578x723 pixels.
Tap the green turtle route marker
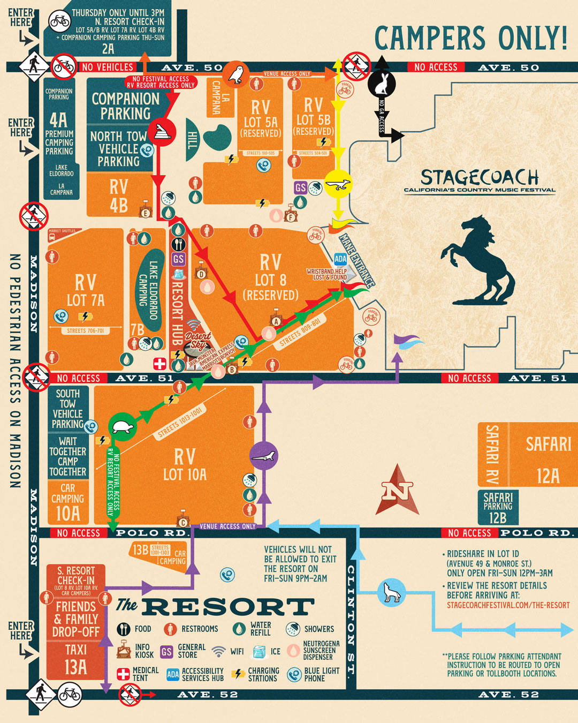tap(122, 427)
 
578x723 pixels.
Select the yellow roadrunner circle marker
tap(338, 185)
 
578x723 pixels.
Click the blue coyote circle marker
tap(392, 592)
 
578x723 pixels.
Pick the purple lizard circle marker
tap(263, 455)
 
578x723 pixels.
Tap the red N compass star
tap(397, 490)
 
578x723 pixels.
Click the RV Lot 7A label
tap(86, 290)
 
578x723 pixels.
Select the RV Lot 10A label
tap(185, 464)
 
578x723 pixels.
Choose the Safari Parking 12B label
tap(498, 508)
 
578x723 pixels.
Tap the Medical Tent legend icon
tap(123, 674)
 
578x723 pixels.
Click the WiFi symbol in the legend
tap(218, 652)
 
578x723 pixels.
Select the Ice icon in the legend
tap(259, 652)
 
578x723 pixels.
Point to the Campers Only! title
tap(471, 37)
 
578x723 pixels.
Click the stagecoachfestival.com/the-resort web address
tap(508, 605)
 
